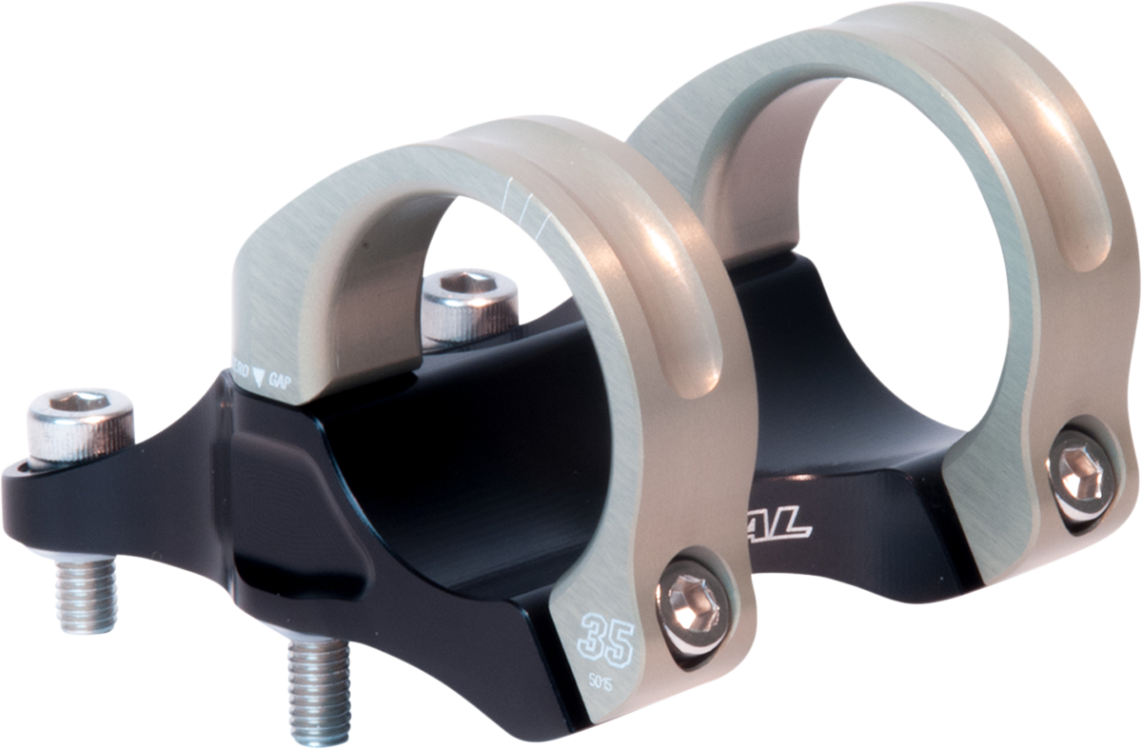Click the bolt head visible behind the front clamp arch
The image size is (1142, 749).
(x=468, y=303)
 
